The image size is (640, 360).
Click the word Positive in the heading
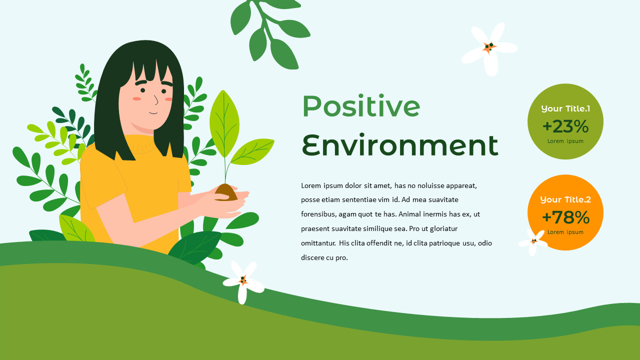pyautogui.click(x=360, y=106)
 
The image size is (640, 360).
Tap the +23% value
pyautogui.click(x=565, y=126)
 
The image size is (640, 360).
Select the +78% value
pyautogui.click(x=565, y=217)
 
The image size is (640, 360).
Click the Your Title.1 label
pyautogui.click(x=565, y=108)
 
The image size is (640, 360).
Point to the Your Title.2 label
pyautogui.click(x=565, y=199)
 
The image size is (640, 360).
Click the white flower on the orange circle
pyautogui.click(x=533, y=241)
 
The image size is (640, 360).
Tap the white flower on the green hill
pyautogui.click(x=243, y=281)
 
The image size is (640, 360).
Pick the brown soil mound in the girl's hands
pyautogui.click(x=226, y=192)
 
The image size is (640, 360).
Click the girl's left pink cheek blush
pyautogui.click(x=136, y=98)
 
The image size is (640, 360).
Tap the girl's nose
pyautogui.click(x=155, y=100)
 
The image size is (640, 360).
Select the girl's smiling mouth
pyautogui.click(x=153, y=112)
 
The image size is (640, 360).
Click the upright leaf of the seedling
pyautogui.click(x=224, y=122)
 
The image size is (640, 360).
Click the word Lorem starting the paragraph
pyautogui.click(x=311, y=185)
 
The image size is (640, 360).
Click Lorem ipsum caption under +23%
pyautogui.click(x=565, y=141)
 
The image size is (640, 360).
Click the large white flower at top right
pyautogui.click(x=489, y=48)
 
